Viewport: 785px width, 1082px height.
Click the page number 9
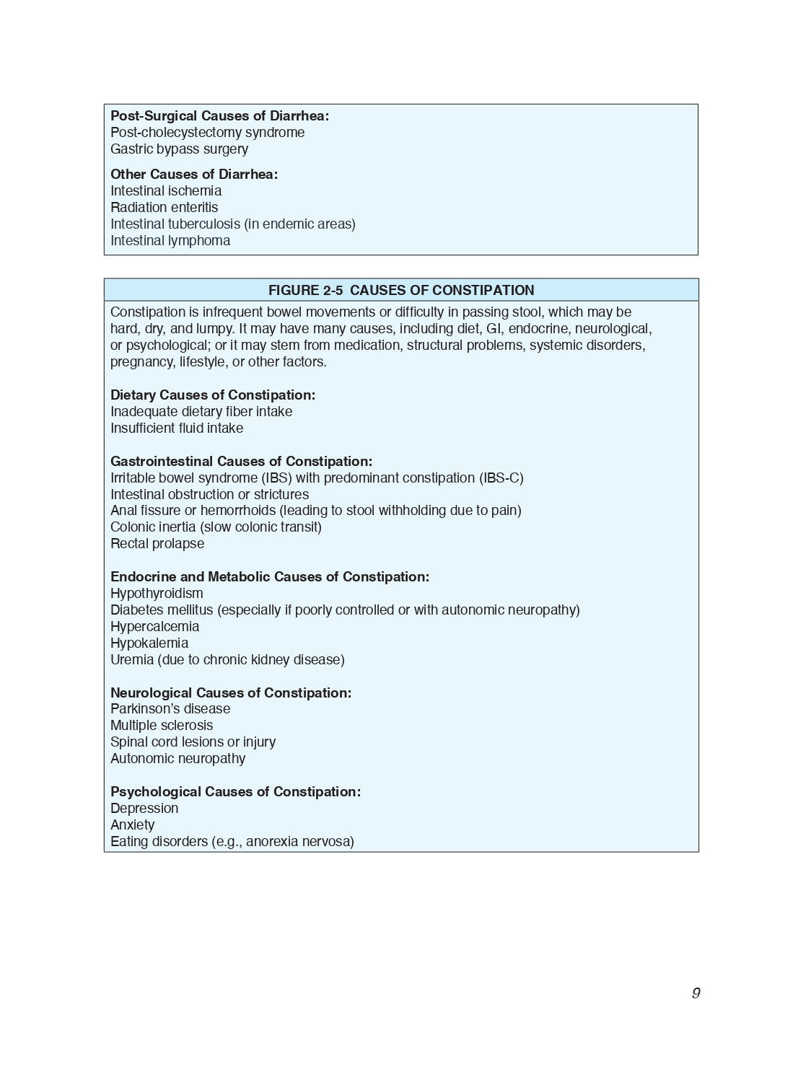point(696,993)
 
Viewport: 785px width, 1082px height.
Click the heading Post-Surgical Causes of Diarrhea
point(219,116)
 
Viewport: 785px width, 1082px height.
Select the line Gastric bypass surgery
point(179,149)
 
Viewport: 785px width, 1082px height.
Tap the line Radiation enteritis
point(164,208)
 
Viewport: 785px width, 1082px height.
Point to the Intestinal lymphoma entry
point(170,241)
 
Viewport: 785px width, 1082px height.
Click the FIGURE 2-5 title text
point(401,290)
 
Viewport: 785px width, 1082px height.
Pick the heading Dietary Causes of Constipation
point(213,395)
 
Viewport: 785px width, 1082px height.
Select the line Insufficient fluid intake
point(177,428)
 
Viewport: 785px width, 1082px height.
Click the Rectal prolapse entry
point(157,544)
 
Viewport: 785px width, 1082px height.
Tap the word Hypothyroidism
point(157,594)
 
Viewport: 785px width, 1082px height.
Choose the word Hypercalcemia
point(154,627)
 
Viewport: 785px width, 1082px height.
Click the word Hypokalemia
point(149,643)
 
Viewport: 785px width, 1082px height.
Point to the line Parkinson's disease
point(170,709)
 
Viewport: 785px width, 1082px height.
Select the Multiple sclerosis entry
point(162,726)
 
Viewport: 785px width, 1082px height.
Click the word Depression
point(144,809)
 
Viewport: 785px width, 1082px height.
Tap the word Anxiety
point(132,825)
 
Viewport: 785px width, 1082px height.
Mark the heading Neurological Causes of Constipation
point(231,693)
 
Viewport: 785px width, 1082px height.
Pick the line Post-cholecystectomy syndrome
point(207,133)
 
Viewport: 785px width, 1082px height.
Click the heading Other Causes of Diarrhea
point(194,175)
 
